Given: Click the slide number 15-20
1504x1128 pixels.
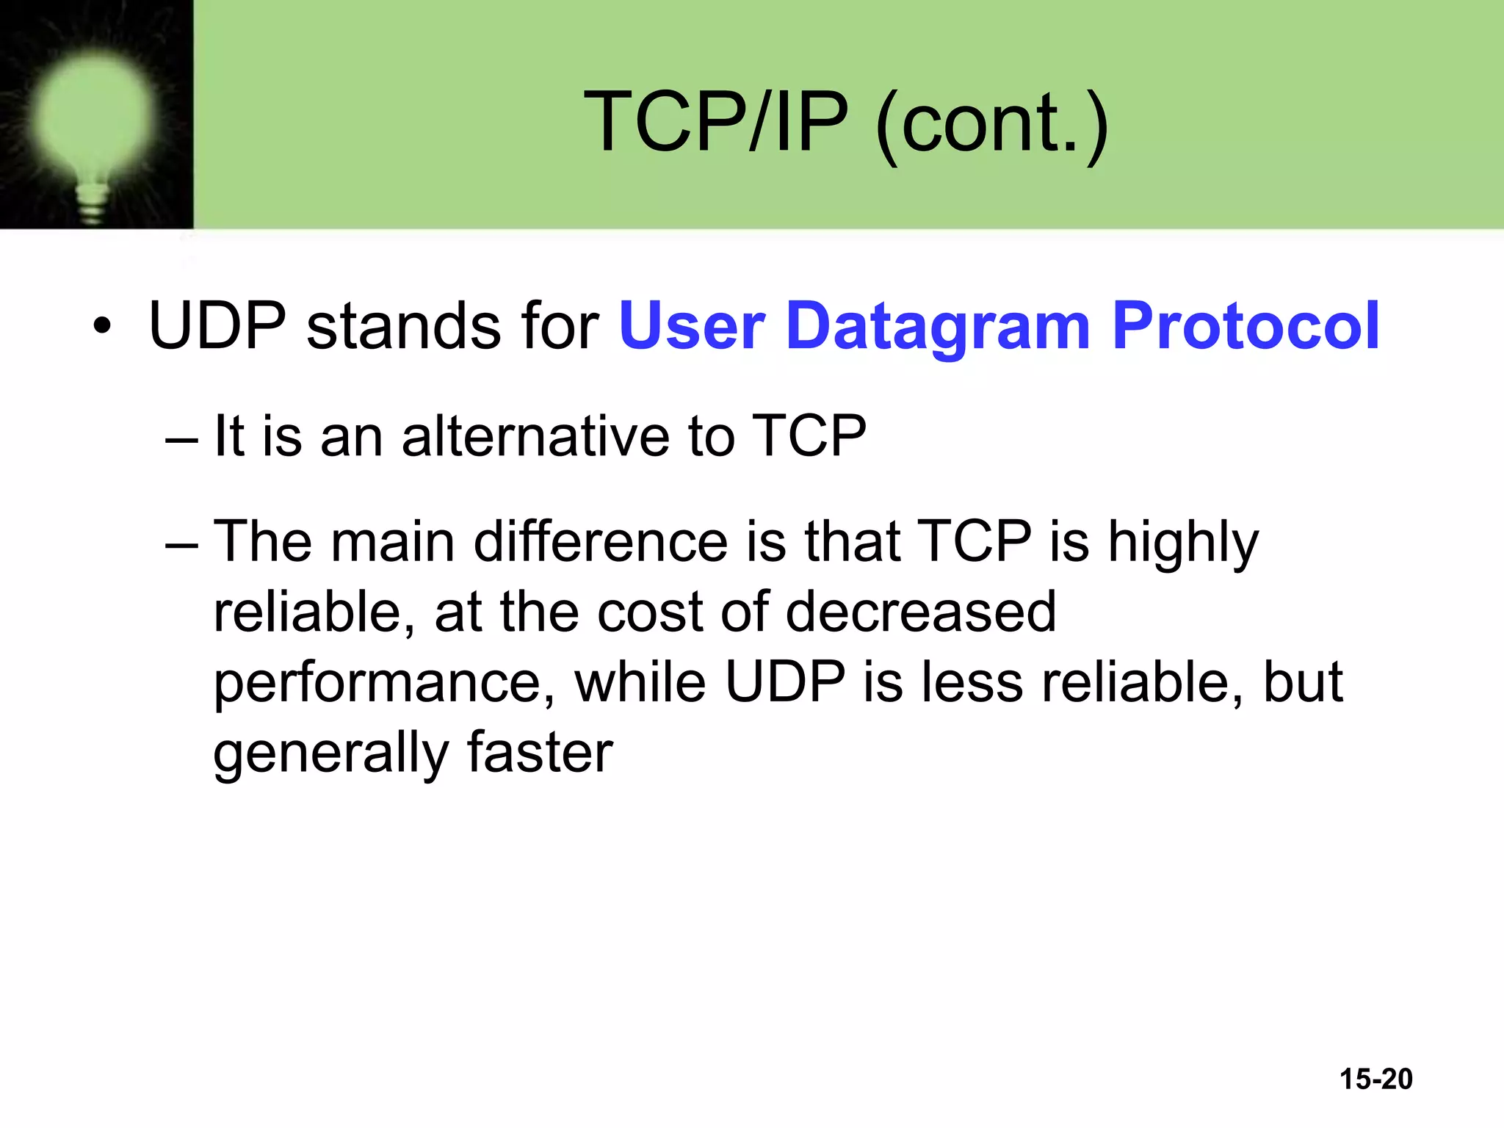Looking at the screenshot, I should point(1375,1079).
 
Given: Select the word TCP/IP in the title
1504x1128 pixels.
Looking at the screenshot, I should point(716,121).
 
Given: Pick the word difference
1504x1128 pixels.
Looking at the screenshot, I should point(600,541).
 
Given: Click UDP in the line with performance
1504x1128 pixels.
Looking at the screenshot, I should point(785,681).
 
